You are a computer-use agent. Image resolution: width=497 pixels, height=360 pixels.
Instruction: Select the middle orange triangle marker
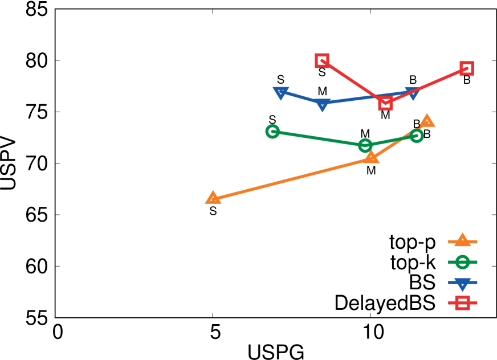(371, 157)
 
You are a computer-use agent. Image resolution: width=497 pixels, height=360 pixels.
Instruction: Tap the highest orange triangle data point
(427, 121)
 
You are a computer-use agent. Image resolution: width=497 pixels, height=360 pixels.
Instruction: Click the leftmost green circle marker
(272, 132)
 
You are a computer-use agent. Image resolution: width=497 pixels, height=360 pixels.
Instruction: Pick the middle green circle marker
(365, 145)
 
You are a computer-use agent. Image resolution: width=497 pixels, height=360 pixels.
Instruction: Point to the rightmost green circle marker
(417, 136)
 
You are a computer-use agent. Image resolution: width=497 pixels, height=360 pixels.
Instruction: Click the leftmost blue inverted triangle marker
(280, 92)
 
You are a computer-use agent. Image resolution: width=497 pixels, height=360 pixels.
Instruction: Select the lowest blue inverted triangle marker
(323, 104)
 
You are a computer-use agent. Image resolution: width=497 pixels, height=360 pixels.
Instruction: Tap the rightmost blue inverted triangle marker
(413, 93)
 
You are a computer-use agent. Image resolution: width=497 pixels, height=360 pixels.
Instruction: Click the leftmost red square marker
(322, 60)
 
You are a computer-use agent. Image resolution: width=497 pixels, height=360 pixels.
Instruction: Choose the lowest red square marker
(386, 103)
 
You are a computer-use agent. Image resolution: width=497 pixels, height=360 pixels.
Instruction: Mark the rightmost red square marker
(467, 68)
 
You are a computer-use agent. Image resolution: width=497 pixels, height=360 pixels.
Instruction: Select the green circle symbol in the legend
(462, 262)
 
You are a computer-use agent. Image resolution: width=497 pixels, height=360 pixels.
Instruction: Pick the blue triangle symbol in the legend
(462, 283)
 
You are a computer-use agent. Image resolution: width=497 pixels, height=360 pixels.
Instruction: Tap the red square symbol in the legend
(462, 302)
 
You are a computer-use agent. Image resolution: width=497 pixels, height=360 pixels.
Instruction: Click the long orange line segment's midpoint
(292, 178)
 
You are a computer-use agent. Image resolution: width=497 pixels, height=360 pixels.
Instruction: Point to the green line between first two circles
(319, 138)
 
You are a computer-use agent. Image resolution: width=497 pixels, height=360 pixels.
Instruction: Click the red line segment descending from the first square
(354, 82)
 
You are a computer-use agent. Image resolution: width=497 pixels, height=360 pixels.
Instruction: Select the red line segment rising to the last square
(426, 85)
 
